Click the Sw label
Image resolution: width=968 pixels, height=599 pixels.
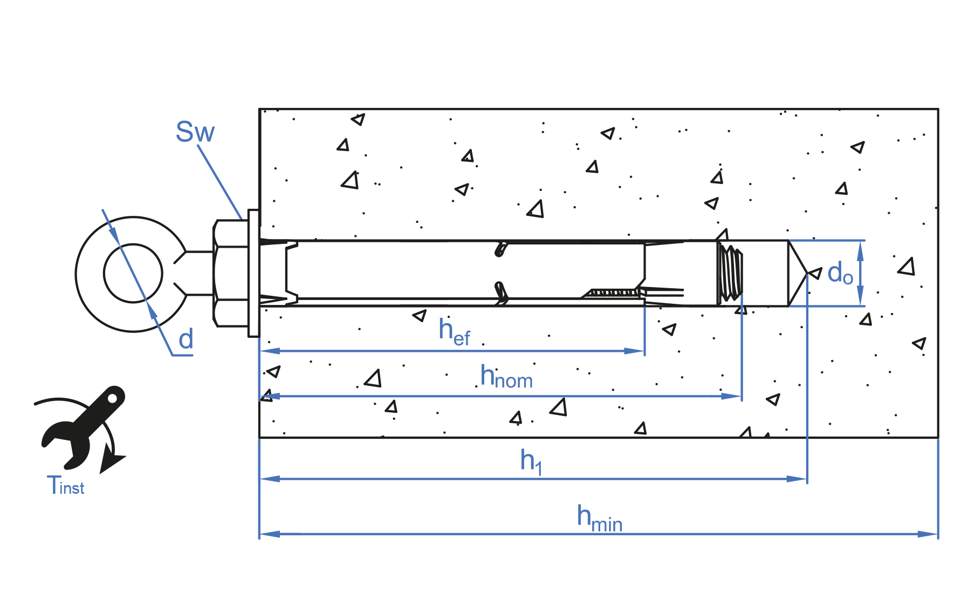195,132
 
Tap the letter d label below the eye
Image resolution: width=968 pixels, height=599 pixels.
186,339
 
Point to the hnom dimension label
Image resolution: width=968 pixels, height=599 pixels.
506,377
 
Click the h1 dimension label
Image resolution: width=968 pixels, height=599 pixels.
531,462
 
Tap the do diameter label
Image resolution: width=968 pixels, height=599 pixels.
840,273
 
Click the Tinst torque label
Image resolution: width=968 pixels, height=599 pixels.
65,485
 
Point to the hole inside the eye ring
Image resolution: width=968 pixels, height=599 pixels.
133,274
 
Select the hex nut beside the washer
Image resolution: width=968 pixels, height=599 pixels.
231,273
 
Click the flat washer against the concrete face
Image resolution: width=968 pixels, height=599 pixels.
253,273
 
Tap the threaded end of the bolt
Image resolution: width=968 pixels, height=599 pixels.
731,273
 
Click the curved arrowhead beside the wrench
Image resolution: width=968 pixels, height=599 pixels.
111,462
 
